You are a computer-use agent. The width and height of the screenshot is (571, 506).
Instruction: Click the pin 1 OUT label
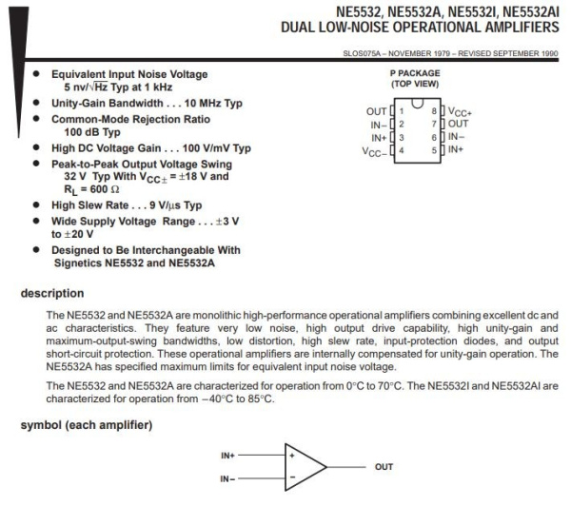click(x=376, y=112)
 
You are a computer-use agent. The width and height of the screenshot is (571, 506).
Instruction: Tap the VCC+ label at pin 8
click(x=461, y=112)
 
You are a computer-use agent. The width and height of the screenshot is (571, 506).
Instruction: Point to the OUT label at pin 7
click(x=458, y=125)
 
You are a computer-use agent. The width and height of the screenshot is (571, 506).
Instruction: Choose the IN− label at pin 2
click(x=378, y=125)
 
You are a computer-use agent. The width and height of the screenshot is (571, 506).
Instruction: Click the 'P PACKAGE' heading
click(x=417, y=72)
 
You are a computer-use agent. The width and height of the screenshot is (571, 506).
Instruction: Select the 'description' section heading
click(x=53, y=293)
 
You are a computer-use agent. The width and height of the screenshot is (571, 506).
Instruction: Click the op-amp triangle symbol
click(x=304, y=466)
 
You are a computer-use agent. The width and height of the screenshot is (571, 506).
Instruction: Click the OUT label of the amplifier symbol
click(x=384, y=467)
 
